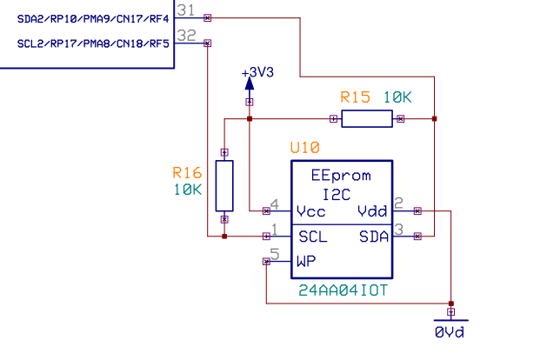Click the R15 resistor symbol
tap(366, 119)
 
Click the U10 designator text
tap(305, 149)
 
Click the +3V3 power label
tap(257, 73)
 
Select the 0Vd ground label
tap(450, 332)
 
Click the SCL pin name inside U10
tap(312, 236)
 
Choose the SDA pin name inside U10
tap(372, 236)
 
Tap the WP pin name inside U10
tap(305, 260)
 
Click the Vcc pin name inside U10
tap(310, 211)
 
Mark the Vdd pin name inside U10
tap(372, 211)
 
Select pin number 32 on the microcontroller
tap(185, 36)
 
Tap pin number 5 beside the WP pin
tap(274, 254)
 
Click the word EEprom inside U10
tap(341, 175)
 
